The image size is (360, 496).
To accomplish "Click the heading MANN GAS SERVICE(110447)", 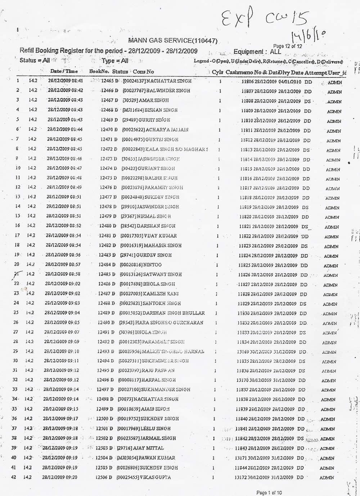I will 172,41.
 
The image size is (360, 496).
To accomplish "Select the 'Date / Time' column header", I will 64,71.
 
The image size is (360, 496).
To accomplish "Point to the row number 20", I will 16,265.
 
